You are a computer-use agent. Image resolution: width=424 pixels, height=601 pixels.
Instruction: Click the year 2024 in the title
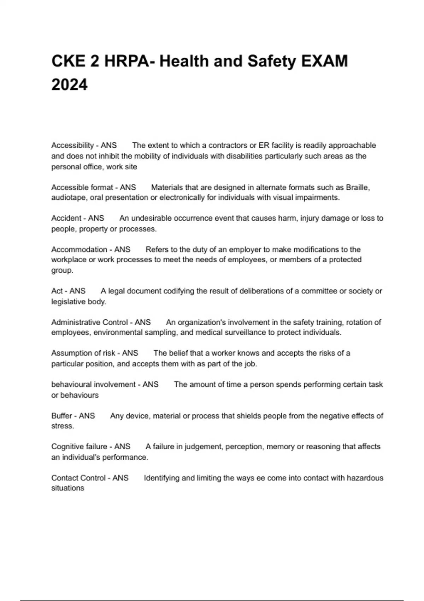pyautogui.click(x=69, y=85)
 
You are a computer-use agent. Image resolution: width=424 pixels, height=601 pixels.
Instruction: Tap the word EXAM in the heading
pyautogui.click(x=324, y=61)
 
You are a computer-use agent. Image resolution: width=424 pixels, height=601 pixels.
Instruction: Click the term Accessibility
pyautogui.click(x=72, y=145)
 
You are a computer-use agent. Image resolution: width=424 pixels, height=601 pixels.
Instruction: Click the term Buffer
pyautogui.click(x=61, y=416)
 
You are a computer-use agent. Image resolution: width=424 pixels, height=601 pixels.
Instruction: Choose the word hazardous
pyautogui.click(x=365, y=478)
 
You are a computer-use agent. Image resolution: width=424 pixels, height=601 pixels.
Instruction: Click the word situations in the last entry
pyautogui.click(x=67, y=488)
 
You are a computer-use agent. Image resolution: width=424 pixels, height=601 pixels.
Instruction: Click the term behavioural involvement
pyautogui.click(x=93, y=385)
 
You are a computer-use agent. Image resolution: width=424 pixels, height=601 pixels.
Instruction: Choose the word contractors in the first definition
pyautogui.click(x=228, y=145)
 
